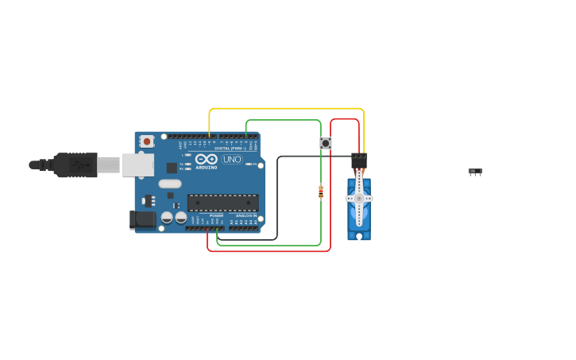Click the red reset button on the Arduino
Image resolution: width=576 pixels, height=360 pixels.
(147, 141)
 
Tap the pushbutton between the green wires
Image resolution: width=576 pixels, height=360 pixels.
(326, 143)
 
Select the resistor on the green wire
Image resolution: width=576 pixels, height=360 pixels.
(321, 192)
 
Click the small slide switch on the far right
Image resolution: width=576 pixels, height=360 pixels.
(475, 172)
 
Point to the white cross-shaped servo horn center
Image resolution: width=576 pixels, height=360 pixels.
(359, 198)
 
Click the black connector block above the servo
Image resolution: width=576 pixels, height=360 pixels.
(359, 161)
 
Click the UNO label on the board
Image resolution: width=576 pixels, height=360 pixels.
(231, 159)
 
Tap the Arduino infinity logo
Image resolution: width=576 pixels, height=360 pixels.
(206, 159)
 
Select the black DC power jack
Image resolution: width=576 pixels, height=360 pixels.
(143, 219)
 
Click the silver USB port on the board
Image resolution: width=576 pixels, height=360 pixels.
(137, 165)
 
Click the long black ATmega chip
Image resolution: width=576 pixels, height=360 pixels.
(222, 203)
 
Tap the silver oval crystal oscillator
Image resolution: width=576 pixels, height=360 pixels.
(170, 184)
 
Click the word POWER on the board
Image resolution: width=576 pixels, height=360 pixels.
(216, 215)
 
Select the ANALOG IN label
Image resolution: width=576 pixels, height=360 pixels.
(245, 215)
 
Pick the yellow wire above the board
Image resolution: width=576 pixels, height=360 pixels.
(286, 109)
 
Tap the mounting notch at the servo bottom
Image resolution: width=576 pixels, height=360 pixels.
(359, 236)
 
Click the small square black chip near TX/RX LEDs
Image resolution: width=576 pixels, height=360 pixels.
(172, 168)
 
